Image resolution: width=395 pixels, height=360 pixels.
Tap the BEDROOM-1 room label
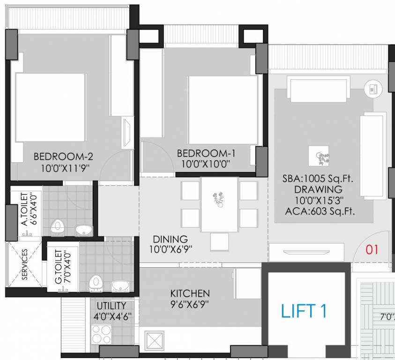point(206,153)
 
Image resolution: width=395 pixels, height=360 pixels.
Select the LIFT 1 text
point(304,311)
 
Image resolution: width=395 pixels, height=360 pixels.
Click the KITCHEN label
point(190,293)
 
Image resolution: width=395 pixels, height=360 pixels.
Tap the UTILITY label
point(112,306)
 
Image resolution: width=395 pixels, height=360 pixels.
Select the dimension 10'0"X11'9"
point(61,168)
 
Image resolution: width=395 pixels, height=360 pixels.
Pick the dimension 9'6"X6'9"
point(190,304)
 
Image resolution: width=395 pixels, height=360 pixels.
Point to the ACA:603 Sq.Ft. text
point(320,211)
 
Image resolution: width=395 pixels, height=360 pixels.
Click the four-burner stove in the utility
point(101,334)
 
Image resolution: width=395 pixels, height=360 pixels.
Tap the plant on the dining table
point(218,199)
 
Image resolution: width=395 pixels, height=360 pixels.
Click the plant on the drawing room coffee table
point(319,156)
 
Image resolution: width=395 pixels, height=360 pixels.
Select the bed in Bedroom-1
point(223,110)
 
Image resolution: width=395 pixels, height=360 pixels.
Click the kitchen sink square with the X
point(155,340)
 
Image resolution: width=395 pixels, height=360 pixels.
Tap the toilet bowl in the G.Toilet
point(96,282)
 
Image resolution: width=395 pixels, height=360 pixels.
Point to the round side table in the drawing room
point(372,88)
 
